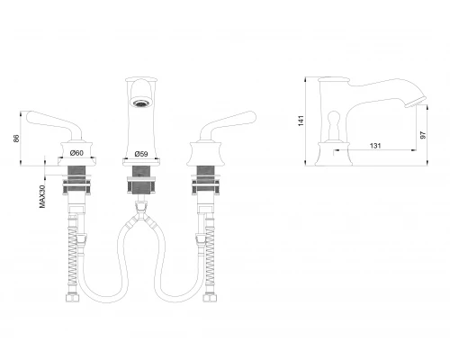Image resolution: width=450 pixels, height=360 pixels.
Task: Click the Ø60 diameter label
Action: click(x=76, y=153)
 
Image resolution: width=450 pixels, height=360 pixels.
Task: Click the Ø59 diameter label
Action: click(x=141, y=154)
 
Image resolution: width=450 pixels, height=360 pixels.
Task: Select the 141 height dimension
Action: click(x=301, y=121)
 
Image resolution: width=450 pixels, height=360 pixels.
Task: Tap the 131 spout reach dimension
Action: click(x=375, y=146)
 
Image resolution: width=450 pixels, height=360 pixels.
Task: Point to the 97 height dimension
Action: click(x=423, y=135)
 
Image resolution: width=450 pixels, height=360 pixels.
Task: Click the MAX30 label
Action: click(x=42, y=196)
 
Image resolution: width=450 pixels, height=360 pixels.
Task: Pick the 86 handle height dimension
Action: click(x=16, y=139)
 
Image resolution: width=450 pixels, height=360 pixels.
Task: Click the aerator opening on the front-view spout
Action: click(x=140, y=103)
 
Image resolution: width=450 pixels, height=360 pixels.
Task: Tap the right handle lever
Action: click(x=228, y=124)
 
